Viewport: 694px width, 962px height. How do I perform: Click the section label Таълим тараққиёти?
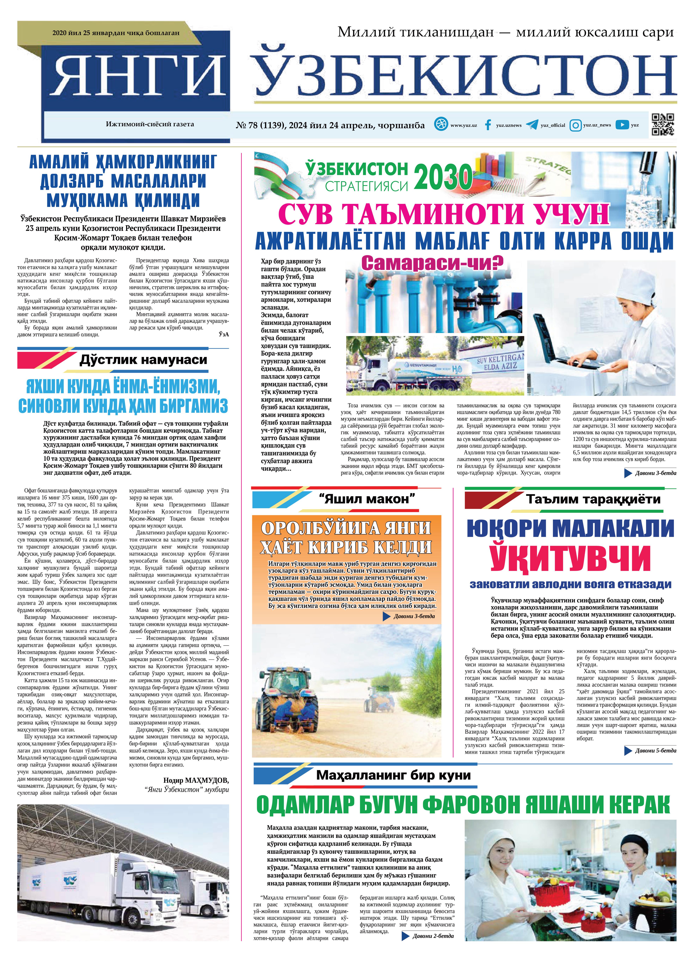tap(593, 499)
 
